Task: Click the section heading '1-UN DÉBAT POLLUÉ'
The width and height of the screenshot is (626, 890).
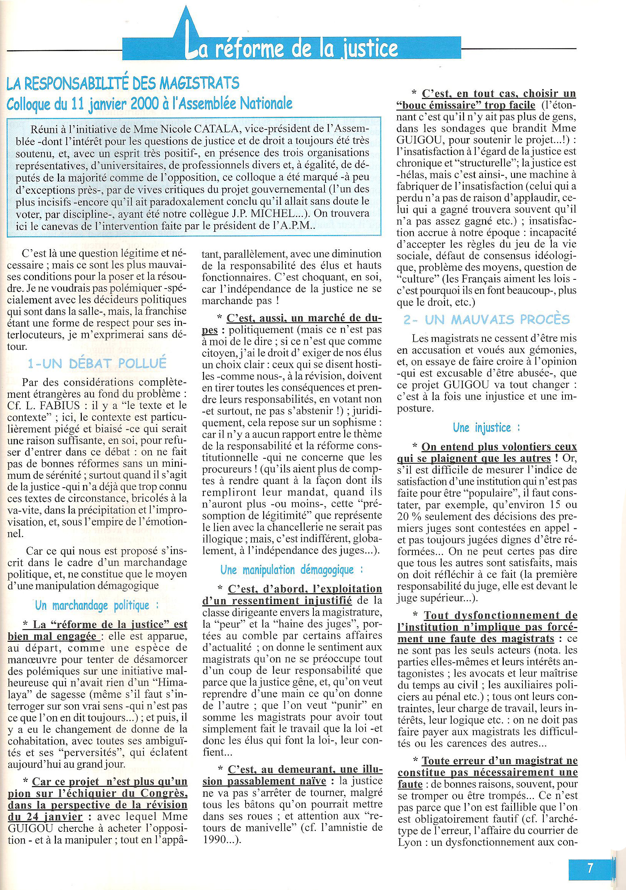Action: tap(97, 364)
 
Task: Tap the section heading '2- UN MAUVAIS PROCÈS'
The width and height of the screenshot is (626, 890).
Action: tap(486, 320)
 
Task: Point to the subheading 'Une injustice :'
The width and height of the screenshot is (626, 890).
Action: tap(487, 428)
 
